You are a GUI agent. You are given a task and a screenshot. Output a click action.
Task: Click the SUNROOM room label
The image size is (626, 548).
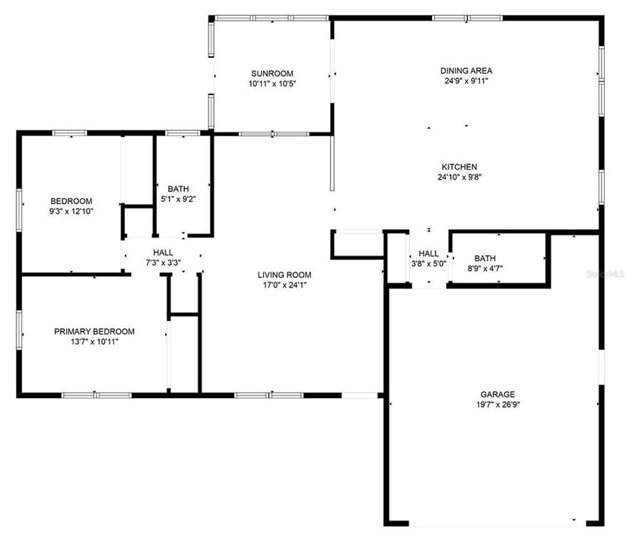pyautogui.click(x=272, y=73)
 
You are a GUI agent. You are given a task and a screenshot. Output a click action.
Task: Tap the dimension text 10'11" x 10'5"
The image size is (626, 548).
pyautogui.click(x=272, y=84)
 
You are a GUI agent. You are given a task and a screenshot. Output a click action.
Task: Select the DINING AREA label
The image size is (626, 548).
pyautogui.click(x=466, y=71)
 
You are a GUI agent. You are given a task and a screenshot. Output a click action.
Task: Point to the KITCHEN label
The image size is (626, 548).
pyautogui.click(x=459, y=167)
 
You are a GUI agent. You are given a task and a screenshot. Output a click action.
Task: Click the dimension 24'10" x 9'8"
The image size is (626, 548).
pyautogui.click(x=459, y=177)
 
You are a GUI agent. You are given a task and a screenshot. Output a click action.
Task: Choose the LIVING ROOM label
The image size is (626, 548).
pyautogui.click(x=284, y=275)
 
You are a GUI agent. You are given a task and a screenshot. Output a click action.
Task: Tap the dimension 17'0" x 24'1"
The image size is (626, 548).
pyautogui.click(x=284, y=285)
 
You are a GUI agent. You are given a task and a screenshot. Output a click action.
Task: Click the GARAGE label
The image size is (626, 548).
pyautogui.click(x=497, y=394)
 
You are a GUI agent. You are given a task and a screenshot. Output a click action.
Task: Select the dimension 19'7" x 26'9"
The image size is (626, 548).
pyautogui.click(x=497, y=405)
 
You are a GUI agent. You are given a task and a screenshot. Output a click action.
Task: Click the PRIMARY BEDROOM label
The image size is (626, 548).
pyautogui.click(x=94, y=331)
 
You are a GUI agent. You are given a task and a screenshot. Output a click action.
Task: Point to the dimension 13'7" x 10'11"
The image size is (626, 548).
pyautogui.click(x=94, y=342)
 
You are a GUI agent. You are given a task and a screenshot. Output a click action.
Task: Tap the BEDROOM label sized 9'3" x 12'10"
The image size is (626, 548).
pyautogui.click(x=71, y=201)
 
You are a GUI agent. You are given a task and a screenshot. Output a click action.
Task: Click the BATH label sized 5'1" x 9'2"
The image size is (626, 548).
pyautogui.click(x=179, y=189)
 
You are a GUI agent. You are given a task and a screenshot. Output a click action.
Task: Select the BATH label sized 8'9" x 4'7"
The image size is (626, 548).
pyautogui.click(x=485, y=258)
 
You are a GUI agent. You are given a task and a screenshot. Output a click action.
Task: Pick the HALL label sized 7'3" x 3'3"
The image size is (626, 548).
pyautogui.click(x=163, y=253)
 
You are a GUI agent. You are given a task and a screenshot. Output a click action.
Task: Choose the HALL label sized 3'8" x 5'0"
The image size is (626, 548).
pyautogui.click(x=428, y=253)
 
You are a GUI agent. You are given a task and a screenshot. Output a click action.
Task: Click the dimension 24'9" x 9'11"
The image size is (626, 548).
pyautogui.click(x=466, y=81)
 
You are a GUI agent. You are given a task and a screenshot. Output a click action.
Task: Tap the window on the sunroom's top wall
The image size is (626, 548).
pyautogui.click(x=272, y=18)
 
